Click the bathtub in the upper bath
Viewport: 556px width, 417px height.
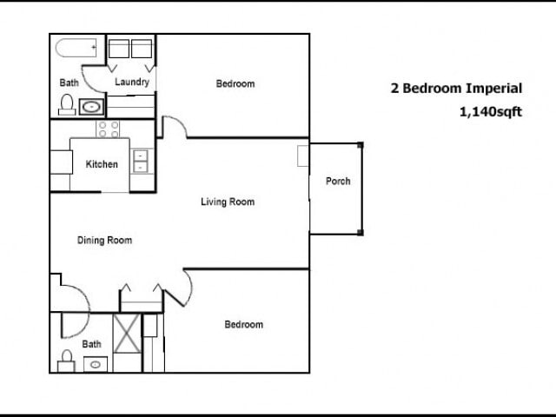click(77, 49)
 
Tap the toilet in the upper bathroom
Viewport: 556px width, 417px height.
click(66, 105)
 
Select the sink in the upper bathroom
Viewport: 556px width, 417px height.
click(90, 108)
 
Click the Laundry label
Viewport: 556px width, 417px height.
click(132, 83)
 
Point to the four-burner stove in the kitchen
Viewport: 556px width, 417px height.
click(109, 129)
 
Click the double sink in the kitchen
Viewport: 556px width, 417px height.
click(141, 161)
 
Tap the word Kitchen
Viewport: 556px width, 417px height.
click(101, 164)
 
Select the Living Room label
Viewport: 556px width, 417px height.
click(227, 202)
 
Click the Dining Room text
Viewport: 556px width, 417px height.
click(104, 241)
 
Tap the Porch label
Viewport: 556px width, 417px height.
click(338, 182)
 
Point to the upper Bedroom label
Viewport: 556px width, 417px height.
click(235, 84)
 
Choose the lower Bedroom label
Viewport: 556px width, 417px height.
click(243, 325)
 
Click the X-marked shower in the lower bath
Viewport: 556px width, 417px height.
click(127, 335)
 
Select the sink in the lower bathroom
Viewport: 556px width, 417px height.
click(94, 364)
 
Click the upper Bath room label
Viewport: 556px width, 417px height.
click(68, 83)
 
